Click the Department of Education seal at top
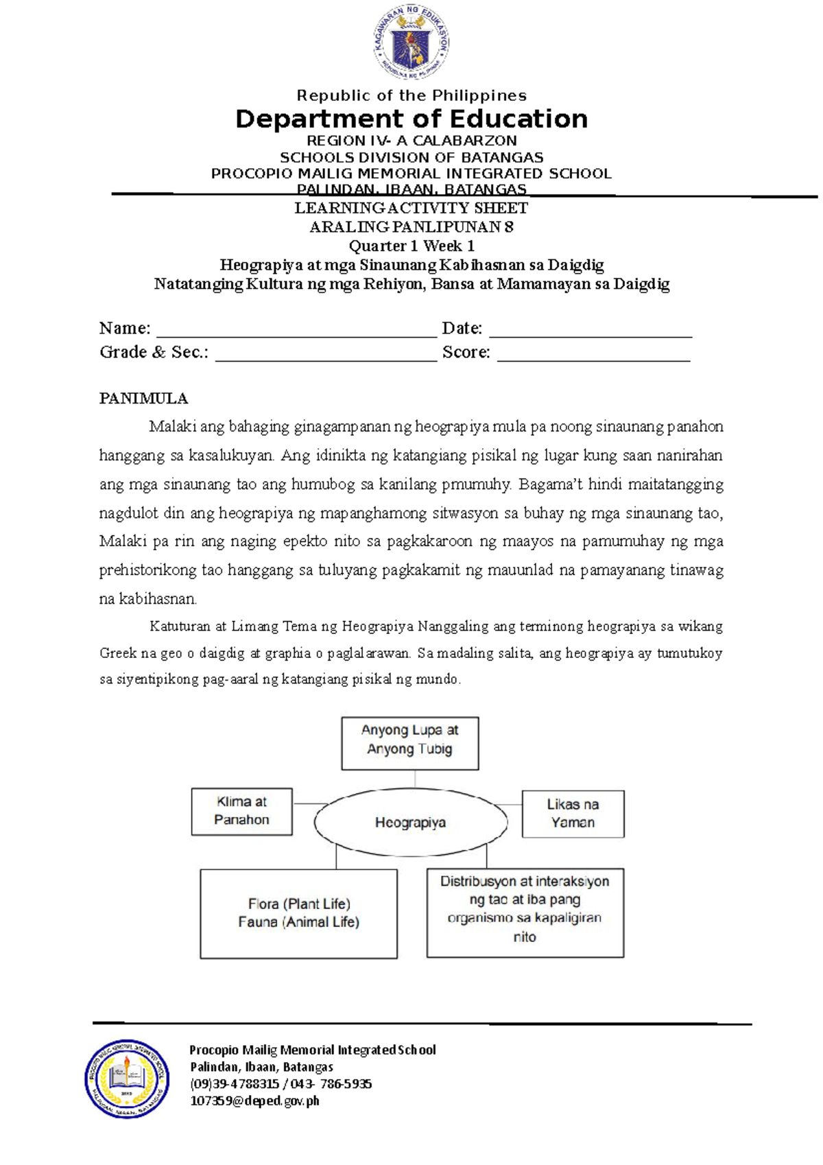tap(411, 43)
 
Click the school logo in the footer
tap(127, 1078)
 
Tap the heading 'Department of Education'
tap(411, 119)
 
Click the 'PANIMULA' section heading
tap(143, 399)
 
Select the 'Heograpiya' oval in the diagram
tap(411, 822)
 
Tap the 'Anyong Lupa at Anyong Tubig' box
tap(410, 743)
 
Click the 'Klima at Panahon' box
tap(241, 811)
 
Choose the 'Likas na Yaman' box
tap(573, 814)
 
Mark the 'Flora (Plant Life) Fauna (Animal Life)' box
tap(298, 913)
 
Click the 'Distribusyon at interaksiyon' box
tap(525, 913)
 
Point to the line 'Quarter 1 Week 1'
tap(411, 246)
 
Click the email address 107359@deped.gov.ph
tap(254, 1101)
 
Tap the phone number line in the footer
tap(281, 1083)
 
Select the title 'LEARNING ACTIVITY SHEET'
tap(411, 208)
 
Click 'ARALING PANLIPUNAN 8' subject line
tap(411, 227)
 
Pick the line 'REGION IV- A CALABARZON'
tap(411, 141)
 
